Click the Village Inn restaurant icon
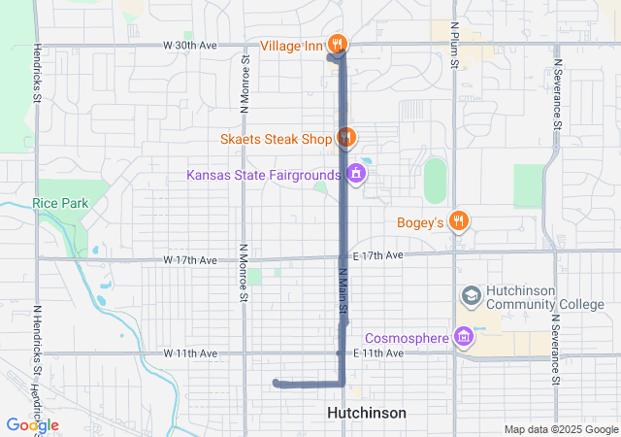click(338, 43)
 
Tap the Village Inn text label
click(291, 44)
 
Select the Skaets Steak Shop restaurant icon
click(344, 138)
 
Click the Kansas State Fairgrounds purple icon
click(355, 175)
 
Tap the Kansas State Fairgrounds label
click(267, 176)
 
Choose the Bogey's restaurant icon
click(460, 221)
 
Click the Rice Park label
click(59, 203)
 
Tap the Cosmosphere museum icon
click(464, 337)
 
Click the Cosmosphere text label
click(408, 338)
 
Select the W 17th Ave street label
click(190, 260)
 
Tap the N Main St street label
click(343, 292)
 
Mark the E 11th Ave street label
click(377, 353)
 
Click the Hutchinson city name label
click(367, 413)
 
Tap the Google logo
click(32, 425)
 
